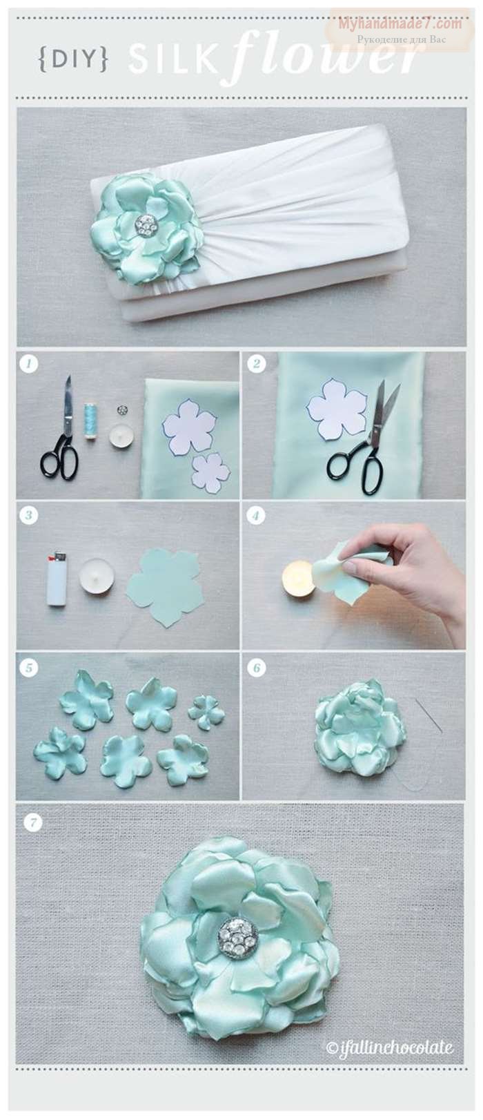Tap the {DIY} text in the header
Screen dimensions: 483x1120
click(73, 59)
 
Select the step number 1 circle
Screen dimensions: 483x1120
click(28, 363)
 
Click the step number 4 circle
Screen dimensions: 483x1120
click(256, 515)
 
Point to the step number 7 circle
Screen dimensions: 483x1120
click(32, 822)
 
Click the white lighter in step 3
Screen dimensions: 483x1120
click(57, 580)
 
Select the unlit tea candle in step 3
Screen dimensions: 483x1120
click(97, 576)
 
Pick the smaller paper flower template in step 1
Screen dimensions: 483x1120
click(211, 473)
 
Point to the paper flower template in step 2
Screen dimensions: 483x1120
click(337, 409)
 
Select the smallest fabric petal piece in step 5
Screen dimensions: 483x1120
click(206, 711)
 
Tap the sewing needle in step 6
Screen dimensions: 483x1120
click(428, 715)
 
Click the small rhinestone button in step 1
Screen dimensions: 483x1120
click(121, 410)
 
